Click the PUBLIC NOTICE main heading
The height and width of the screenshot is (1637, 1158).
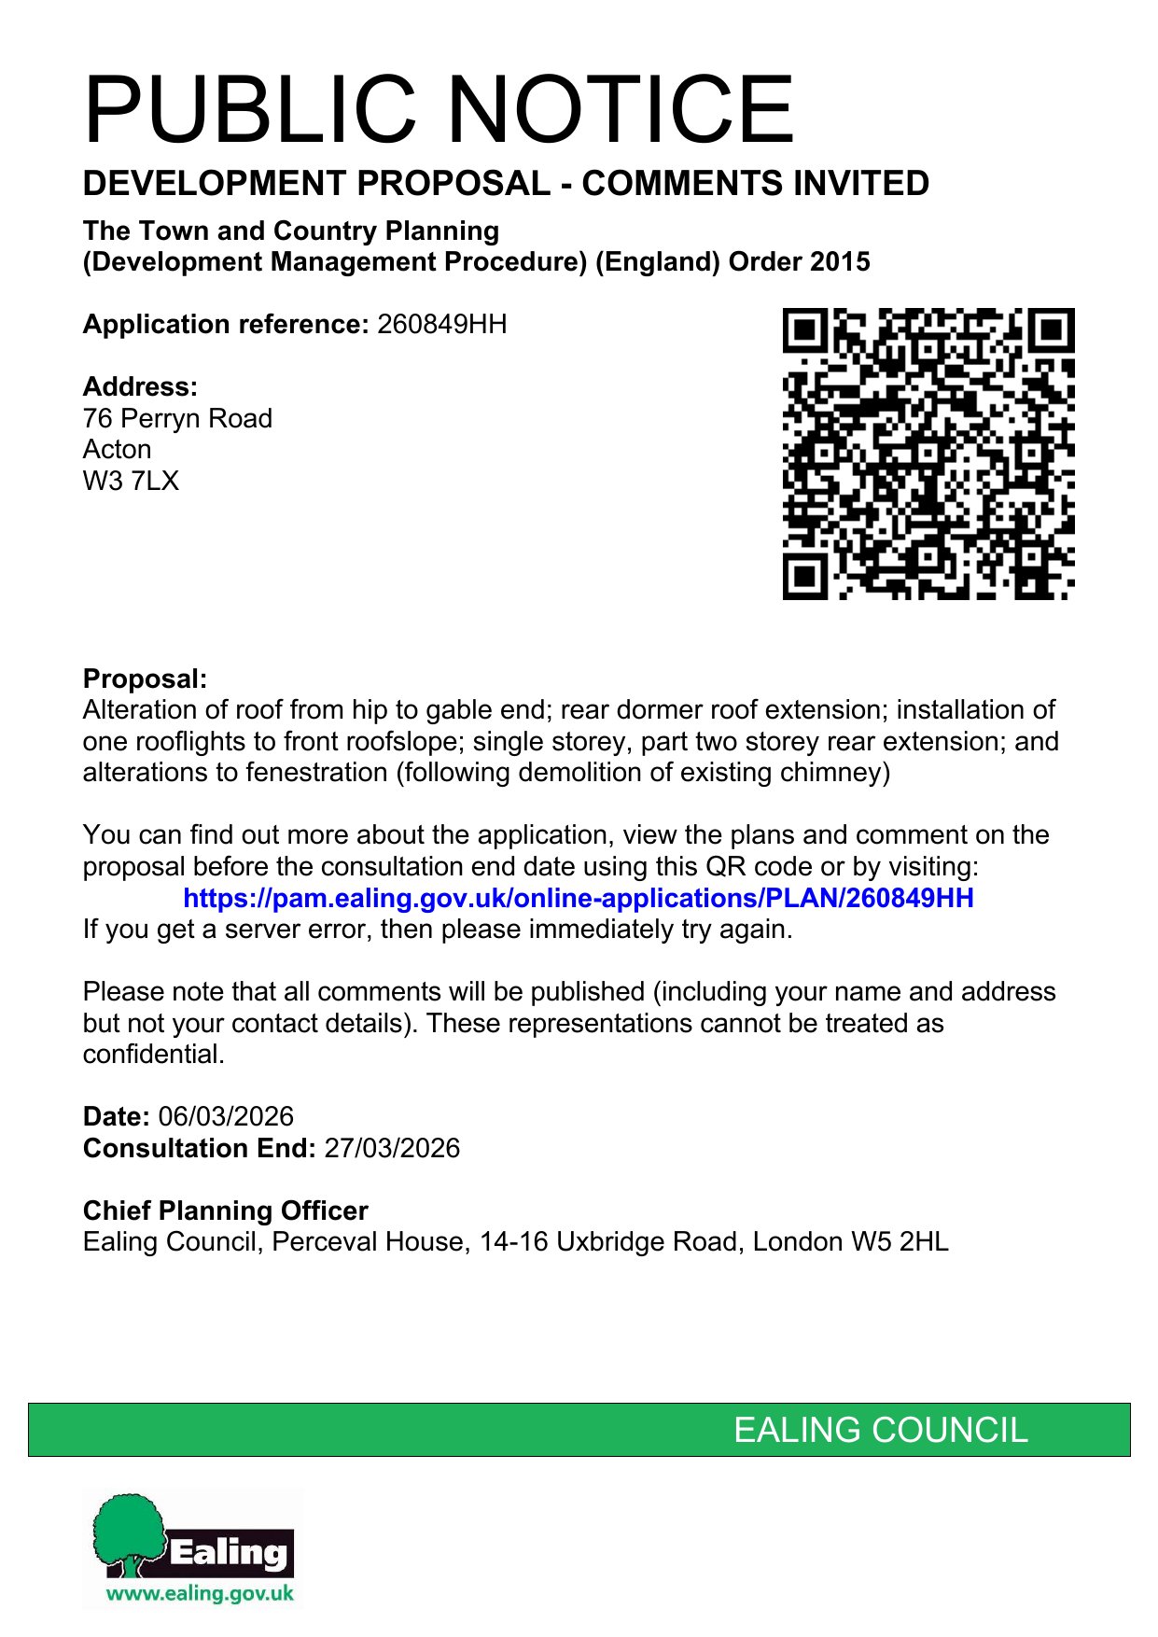(439, 110)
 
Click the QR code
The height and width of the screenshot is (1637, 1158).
(928, 454)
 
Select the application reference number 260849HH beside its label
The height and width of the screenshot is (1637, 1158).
(441, 325)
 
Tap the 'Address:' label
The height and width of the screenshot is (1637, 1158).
(140, 386)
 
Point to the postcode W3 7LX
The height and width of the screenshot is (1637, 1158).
(131, 482)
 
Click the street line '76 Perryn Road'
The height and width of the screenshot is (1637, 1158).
(177, 418)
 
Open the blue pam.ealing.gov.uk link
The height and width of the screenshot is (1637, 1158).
(578, 898)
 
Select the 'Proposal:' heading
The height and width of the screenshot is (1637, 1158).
(145, 679)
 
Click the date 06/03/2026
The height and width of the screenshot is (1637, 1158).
(226, 1116)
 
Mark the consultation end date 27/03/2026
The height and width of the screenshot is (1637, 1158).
(392, 1148)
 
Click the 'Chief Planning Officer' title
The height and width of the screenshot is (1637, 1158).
(225, 1210)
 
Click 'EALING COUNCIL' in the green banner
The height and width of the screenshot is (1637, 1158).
(880, 1430)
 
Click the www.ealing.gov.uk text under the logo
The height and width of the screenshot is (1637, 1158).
(200, 1593)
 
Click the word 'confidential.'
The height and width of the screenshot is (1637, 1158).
(154, 1055)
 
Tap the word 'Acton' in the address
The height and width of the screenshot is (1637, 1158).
(117, 450)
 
